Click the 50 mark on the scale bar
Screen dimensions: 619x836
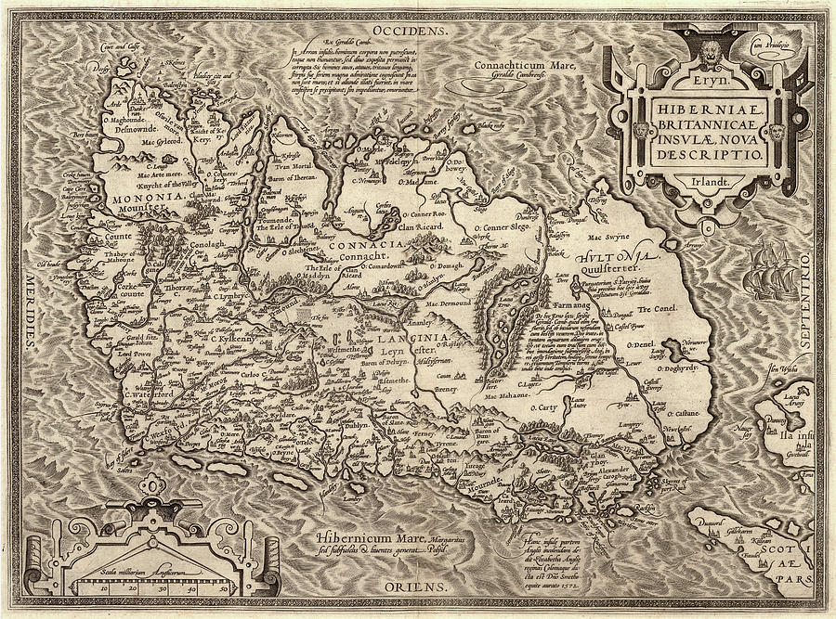click(223, 587)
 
